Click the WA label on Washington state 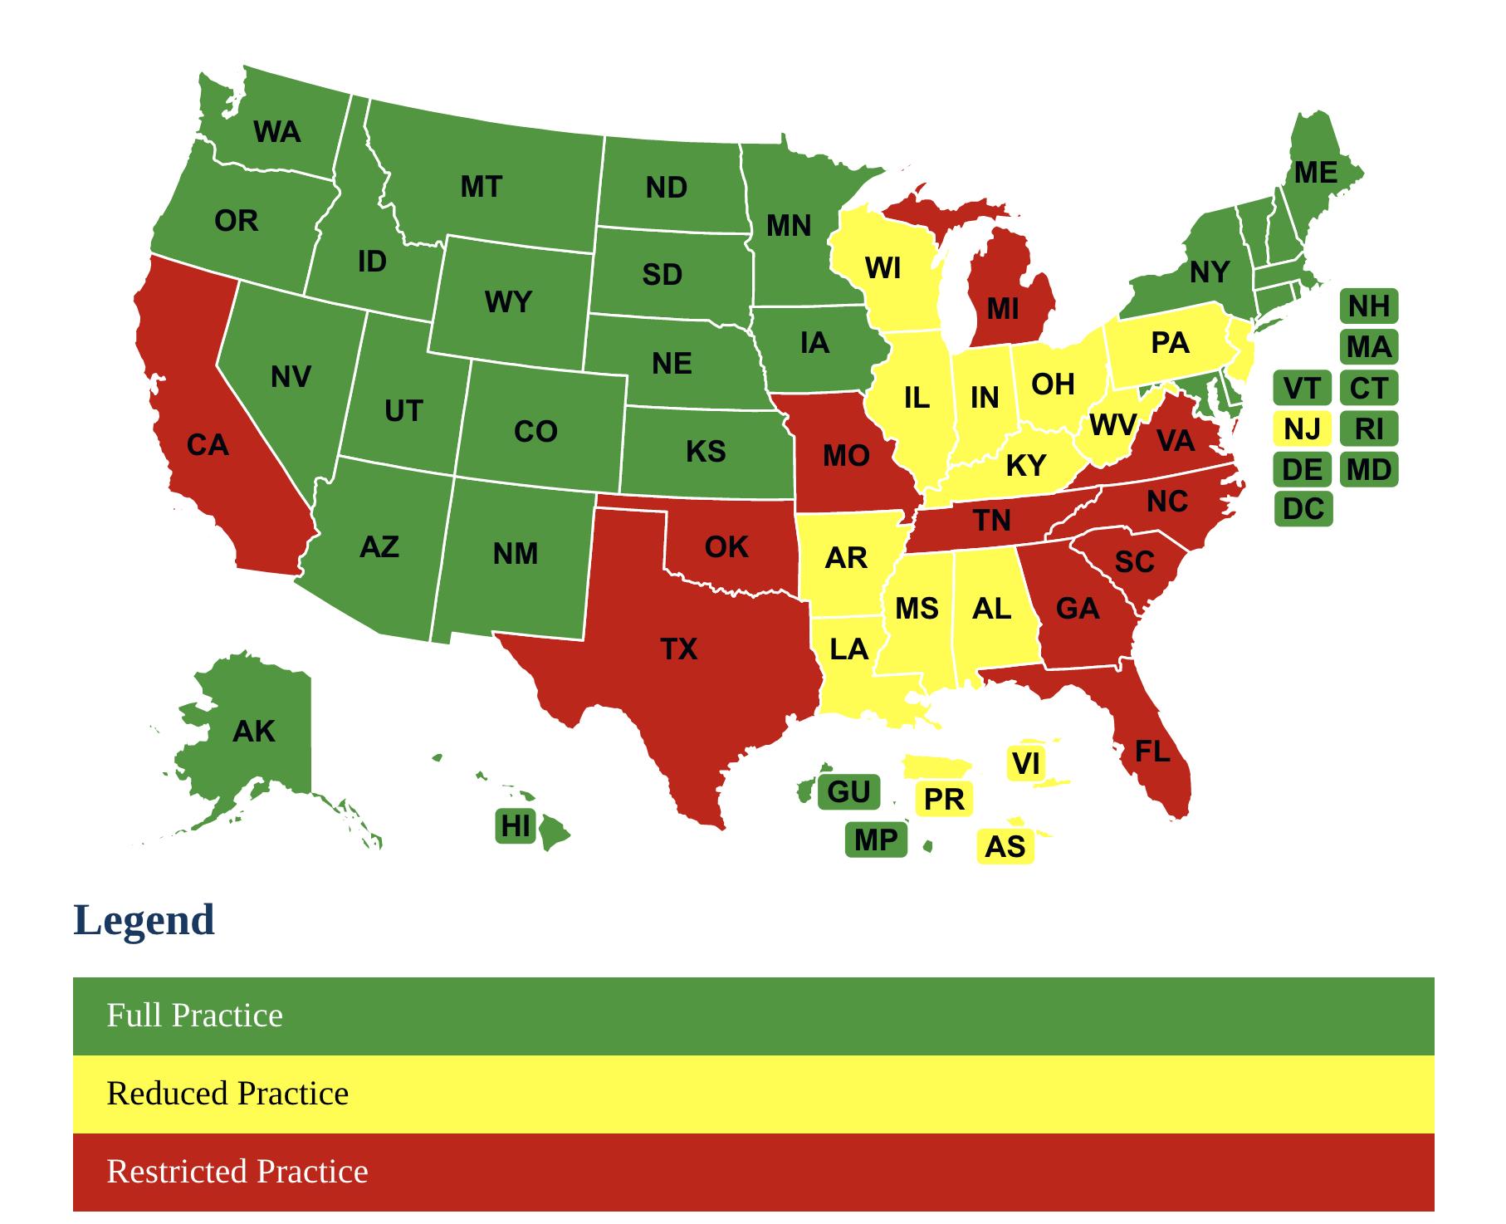point(276,132)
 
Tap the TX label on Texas point(678,649)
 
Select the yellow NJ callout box point(1302,429)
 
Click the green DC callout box point(1303,509)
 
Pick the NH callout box point(1368,306)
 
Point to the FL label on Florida point(1152,752)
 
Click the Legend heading point(144,920)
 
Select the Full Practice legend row point(753,1016)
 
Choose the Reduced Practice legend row point(753,1094)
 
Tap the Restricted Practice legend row point(753,1172)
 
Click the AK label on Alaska point(253,732)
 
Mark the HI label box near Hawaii point(515,826)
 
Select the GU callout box point(848,792)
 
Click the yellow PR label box point(944,800)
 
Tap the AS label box point(1005,847)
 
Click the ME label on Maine point(1315,173)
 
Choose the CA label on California point(207,446)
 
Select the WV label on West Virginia point(1112,425)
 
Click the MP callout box point(876,840)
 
